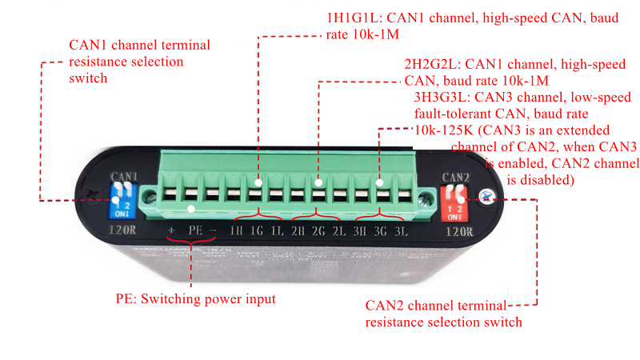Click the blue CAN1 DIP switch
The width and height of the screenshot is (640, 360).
(x=122, y=201)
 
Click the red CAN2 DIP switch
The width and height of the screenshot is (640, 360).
(x=454, y=204)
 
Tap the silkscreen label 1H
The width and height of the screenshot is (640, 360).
(x=235, y=231)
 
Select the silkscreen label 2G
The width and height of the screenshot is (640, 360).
(x=318, y=231)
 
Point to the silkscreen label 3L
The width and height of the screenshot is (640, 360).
(x=401, y=231)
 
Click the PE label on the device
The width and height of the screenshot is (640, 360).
(x=195, y=230)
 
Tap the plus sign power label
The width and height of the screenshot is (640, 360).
(x=171, y=230)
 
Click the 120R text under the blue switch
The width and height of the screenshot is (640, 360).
(x=122, y=230)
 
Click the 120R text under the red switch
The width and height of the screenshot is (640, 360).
(x=459, y=232)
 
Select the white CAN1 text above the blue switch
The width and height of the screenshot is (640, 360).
(x=124, y=177)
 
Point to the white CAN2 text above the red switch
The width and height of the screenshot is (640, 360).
(x=455, y=178)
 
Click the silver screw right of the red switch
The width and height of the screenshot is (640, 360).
(x=486, y=198)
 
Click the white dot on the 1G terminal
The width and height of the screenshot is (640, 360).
(x=258, y=182)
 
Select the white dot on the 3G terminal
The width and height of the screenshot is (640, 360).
(x=379, y=182)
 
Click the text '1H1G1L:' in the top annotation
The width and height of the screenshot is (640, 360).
(x=354, y=18)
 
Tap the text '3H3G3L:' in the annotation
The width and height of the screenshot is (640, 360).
(x=442, y=97)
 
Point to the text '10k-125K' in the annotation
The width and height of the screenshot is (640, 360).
(x=444, y=130)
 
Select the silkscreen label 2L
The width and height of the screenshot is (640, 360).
(x=338, y=231)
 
